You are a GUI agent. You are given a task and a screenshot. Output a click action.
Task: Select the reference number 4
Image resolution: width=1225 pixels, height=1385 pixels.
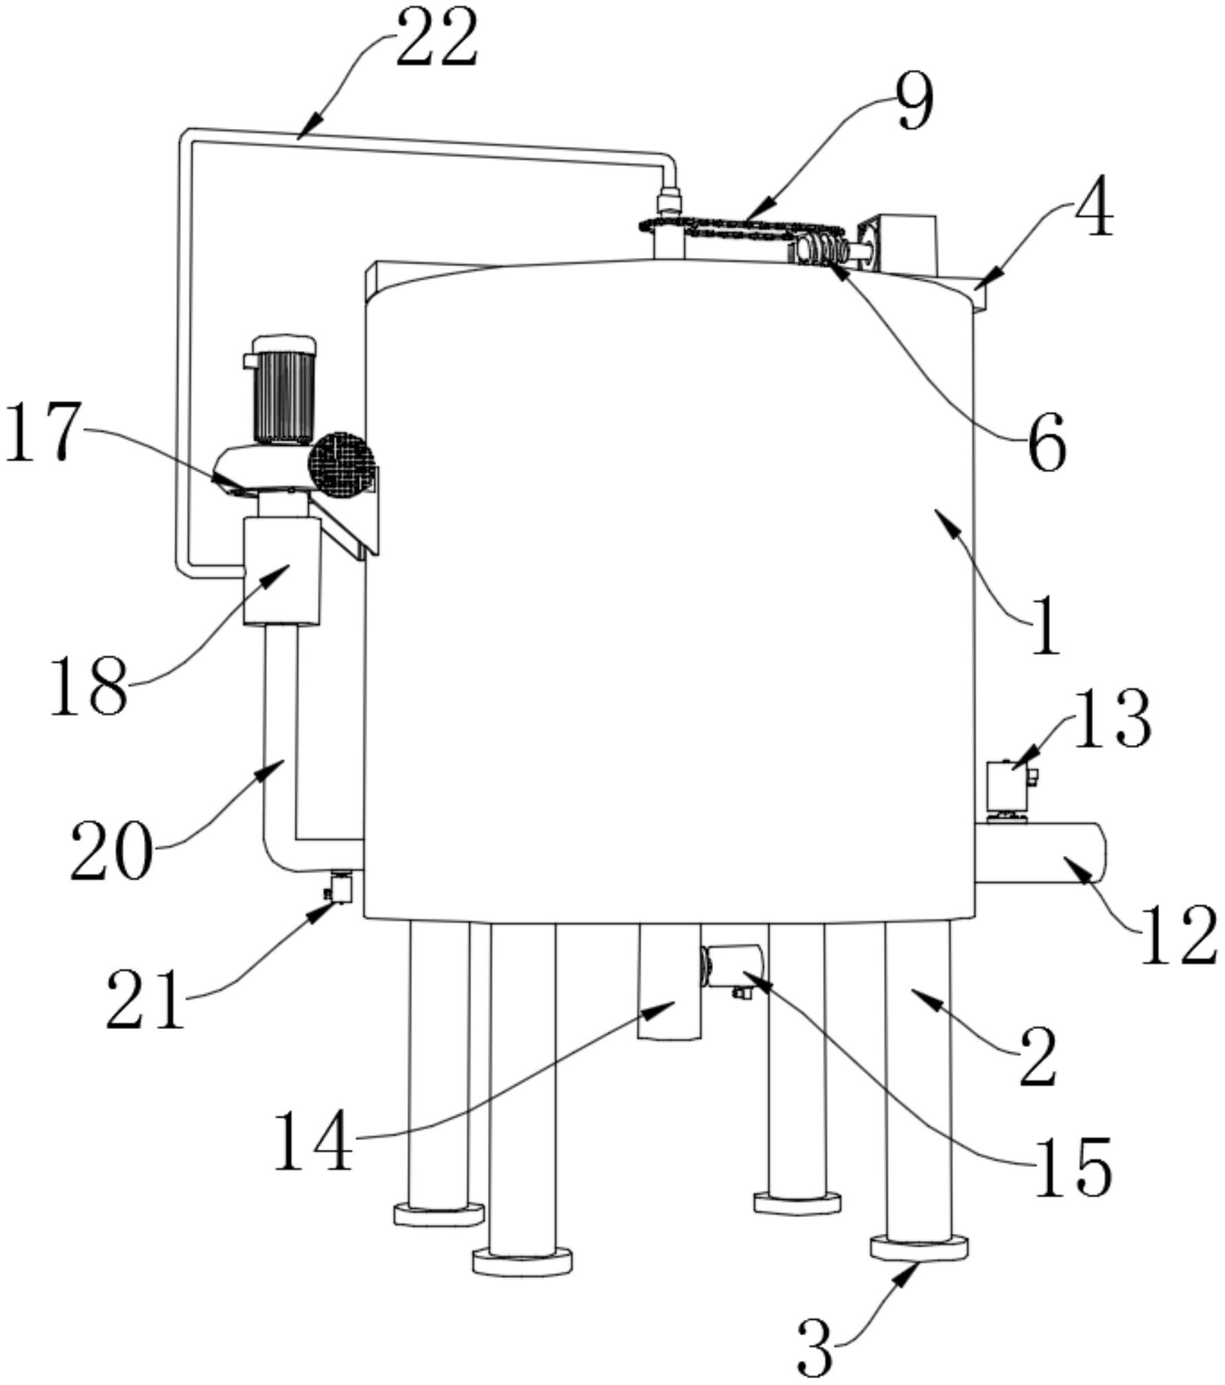point(1094,206)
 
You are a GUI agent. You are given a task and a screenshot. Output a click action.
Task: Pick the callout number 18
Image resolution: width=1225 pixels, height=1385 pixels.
point(89,685)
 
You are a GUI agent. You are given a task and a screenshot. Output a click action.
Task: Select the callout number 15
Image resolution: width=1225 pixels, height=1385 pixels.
point(1073,1167)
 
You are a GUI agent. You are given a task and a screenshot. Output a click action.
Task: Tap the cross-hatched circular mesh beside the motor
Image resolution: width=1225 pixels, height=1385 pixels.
point(341,464)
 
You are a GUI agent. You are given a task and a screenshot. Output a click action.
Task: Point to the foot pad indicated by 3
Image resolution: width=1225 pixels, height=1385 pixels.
point(919,1247)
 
